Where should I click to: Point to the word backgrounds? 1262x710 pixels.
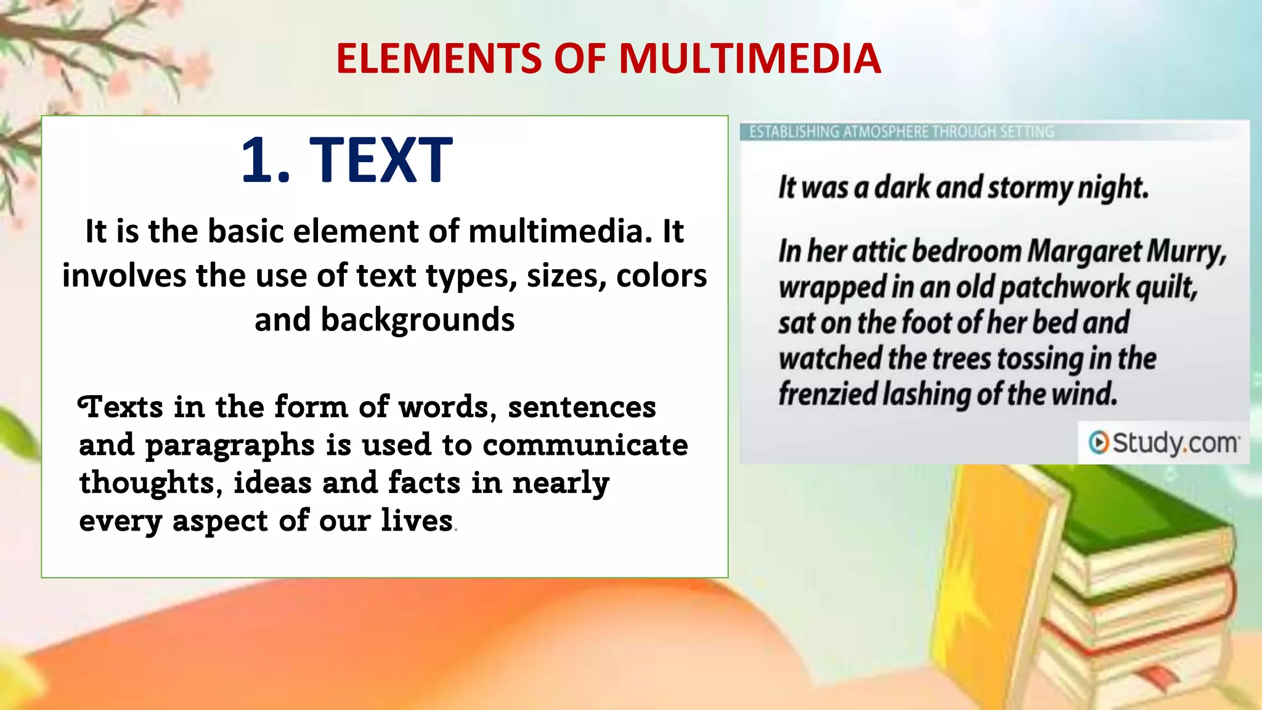[x=385, y=320]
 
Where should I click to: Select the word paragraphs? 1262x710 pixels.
[x=230, y=446]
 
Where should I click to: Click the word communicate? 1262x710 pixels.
[x=585, y=444]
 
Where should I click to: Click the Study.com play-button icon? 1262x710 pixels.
[x=1098, y=442]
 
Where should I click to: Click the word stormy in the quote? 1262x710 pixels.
[x=1030, y=187]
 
